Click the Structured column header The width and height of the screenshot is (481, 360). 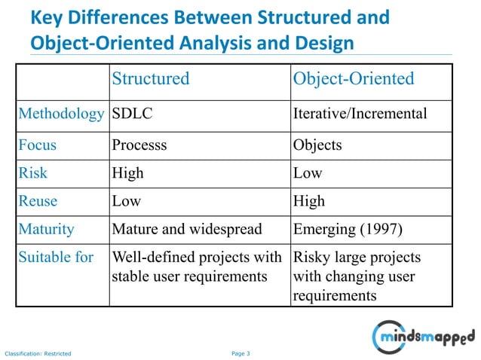coord(150,79)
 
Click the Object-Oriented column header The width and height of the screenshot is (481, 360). coord(354,79)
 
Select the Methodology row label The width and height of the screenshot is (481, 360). coord(61,114)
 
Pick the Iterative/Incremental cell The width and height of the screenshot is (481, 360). coord(359,114)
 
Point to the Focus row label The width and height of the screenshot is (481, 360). coord(38,145)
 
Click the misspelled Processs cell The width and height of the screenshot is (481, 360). coord(141,145)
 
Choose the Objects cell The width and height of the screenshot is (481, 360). coord(317,145)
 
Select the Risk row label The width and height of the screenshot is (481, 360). coord(33,172)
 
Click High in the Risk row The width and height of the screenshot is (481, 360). coord(127,172)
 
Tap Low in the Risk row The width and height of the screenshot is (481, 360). coord(308,172)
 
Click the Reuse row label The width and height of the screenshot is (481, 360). coord(38,200)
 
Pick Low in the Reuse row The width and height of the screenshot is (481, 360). coord(127,200)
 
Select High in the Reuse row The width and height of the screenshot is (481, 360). coord(309,200)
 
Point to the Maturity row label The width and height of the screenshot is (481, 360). coord(46,228)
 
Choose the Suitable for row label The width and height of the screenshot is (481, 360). coord(57,258)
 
